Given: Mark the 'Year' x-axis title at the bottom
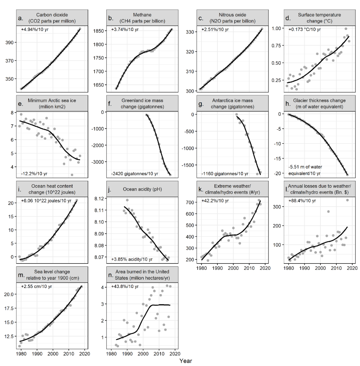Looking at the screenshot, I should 186,360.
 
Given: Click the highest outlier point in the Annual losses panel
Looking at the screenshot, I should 347,200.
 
